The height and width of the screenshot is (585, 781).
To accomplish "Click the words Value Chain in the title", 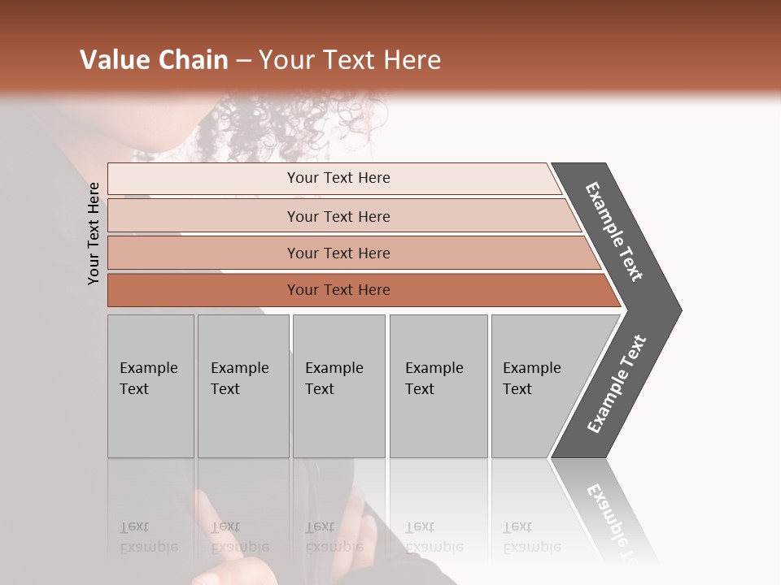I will [154, 60].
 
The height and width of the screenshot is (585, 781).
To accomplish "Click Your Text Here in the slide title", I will [350, 60].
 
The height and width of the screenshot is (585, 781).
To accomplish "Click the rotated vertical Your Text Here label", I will [94, 234].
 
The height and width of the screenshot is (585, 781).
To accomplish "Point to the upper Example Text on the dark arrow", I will [614, 232].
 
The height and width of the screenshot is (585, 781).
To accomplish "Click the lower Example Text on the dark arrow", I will [617, 384].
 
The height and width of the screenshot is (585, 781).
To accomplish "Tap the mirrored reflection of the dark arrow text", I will [614, 520].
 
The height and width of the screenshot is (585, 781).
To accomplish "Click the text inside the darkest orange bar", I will [338, 290].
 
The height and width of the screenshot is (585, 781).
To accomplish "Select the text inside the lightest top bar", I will [338, 178].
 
